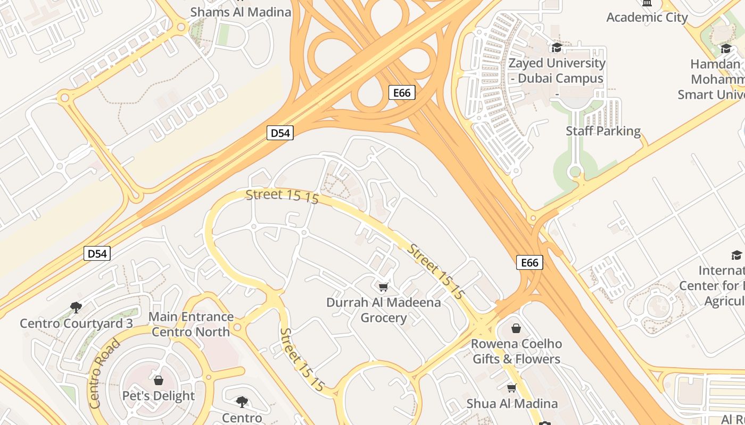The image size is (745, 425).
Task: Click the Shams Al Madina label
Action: (x=241, y=12)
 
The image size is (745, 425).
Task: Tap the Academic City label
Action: (x=647, y=17)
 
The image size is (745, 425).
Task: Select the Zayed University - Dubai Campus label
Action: (x=557, y=71)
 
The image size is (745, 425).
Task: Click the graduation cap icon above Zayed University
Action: (x=557, y=48)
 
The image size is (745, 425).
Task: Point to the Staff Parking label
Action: (x=603, y=131)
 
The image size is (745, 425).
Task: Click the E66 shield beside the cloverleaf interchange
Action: (x=402, y=92)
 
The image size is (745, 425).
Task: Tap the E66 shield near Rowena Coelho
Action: (x=529, y=262)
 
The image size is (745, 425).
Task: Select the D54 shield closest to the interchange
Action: (x=280, y=133)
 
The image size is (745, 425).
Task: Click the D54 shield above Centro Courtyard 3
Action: (x=97, y=253)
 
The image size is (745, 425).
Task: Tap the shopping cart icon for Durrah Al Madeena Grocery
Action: (x=383, y=287)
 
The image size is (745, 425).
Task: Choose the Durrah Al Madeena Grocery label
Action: (x=383, y=310)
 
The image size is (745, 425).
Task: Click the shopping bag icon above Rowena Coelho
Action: (x=516, y=328)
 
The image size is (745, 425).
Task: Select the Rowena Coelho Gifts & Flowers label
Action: (x=516, y=351)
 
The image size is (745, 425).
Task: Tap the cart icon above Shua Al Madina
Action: (x=512, y=388)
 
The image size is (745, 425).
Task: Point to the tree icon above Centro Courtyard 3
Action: (x=76, y=307)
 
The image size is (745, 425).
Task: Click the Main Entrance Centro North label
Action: (x=191, y=324)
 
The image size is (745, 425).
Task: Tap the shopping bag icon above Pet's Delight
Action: (x=158, y=380)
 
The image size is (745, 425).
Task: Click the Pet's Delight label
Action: (x=159, y=396)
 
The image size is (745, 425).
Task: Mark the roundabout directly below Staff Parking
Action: (x=575, y=172)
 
